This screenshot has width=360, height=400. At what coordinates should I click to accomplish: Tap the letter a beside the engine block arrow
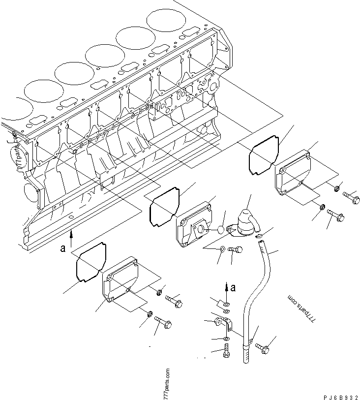coord(62,248)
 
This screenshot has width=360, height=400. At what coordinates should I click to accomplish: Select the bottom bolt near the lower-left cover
coord(163,323)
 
